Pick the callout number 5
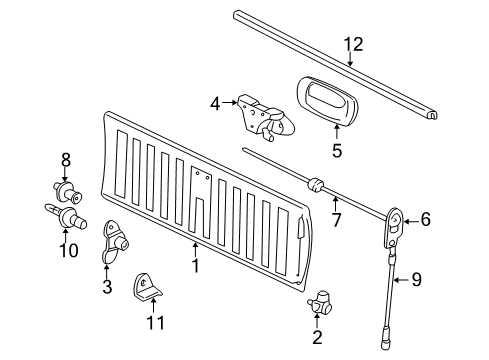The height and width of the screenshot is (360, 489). pyautogui.click(x=337, y=151)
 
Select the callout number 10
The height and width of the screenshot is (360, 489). pyautogui.click(x=69, y=249)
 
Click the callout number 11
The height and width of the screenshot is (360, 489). pyautogui.click(x=153, y=324)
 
